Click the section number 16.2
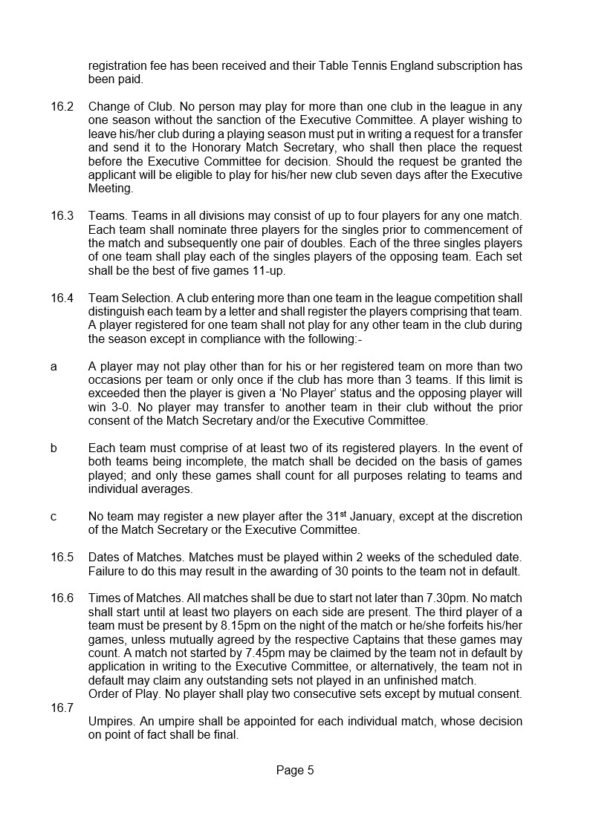62,106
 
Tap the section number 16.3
62,216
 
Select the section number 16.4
62,298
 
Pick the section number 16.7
62,708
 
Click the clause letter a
54,367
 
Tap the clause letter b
54,448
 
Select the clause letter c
54,516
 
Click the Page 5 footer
295,771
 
